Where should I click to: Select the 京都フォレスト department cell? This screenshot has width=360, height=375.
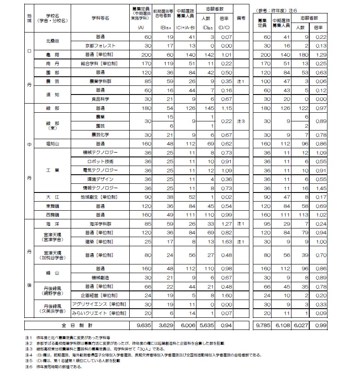pos(100,46)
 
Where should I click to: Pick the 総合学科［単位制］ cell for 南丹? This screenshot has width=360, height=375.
pos(100,64)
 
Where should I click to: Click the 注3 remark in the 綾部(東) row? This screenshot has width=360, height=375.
pos(242,121)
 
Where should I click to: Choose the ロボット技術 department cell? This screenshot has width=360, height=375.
pos(100,161)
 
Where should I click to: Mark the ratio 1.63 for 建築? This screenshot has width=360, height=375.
pos(226,241)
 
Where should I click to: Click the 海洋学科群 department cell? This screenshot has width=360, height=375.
pos(100,224)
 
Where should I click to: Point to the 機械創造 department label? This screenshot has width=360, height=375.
pos(100,277)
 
